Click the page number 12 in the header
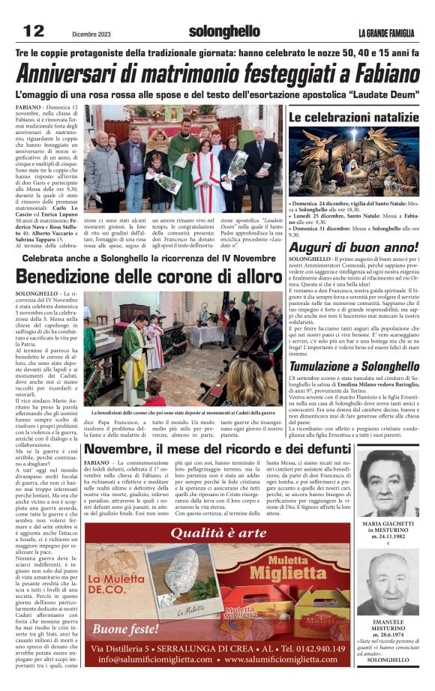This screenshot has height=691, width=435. (34, 31)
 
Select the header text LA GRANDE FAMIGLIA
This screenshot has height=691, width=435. (386, 32)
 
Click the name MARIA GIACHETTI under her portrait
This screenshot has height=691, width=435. (389, 522)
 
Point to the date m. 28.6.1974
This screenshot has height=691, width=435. (389, 634)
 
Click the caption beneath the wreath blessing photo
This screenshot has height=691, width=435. (182, 412)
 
